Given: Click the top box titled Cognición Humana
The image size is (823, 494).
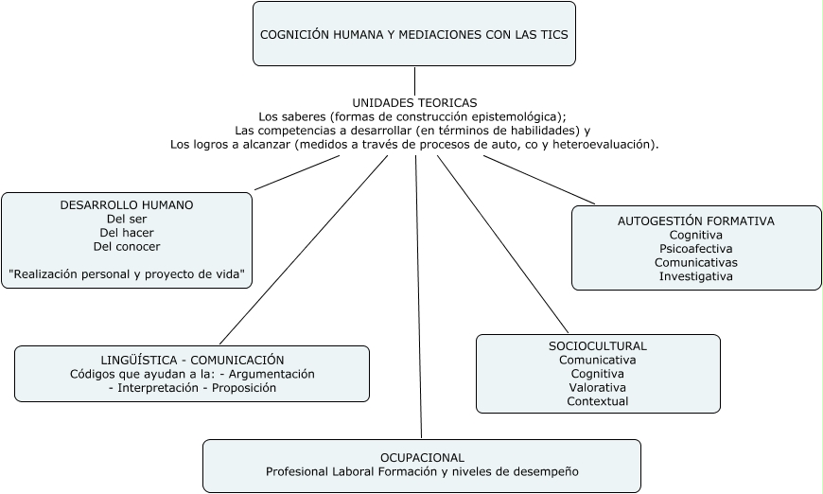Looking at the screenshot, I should click(x=414, y=34).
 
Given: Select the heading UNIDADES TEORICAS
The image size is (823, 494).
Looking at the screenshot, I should click(x=414, y=102).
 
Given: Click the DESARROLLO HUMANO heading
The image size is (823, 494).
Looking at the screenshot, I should click(x=127, y=204).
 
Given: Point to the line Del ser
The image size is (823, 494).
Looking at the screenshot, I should click(x=127, y=219).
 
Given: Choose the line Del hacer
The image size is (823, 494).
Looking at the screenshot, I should click(x=127, y=233).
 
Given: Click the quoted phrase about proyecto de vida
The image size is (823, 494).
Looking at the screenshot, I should click(x=127, y=275).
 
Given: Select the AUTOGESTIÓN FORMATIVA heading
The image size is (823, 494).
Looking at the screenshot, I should click(x=696, y=221).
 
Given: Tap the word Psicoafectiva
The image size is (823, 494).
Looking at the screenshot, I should click(x=696, y=249).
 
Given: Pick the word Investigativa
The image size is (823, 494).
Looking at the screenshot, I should click(x=696, y=276).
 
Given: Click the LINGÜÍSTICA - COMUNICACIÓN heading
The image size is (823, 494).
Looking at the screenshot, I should click(x=192, y=361).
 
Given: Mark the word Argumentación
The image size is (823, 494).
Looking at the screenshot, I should click(x=273, y=374).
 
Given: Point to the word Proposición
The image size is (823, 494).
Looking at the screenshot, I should click(x=244, y=388).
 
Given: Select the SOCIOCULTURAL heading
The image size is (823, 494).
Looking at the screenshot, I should click(x=598, y=346).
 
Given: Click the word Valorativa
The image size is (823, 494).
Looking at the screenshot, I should click(x=598, y=387).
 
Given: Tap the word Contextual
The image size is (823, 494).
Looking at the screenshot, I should click(x=598, y=401).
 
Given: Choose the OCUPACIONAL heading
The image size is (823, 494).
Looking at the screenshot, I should click(x=422, y=457).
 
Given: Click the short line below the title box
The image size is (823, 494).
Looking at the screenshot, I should click(x=414, y=80).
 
